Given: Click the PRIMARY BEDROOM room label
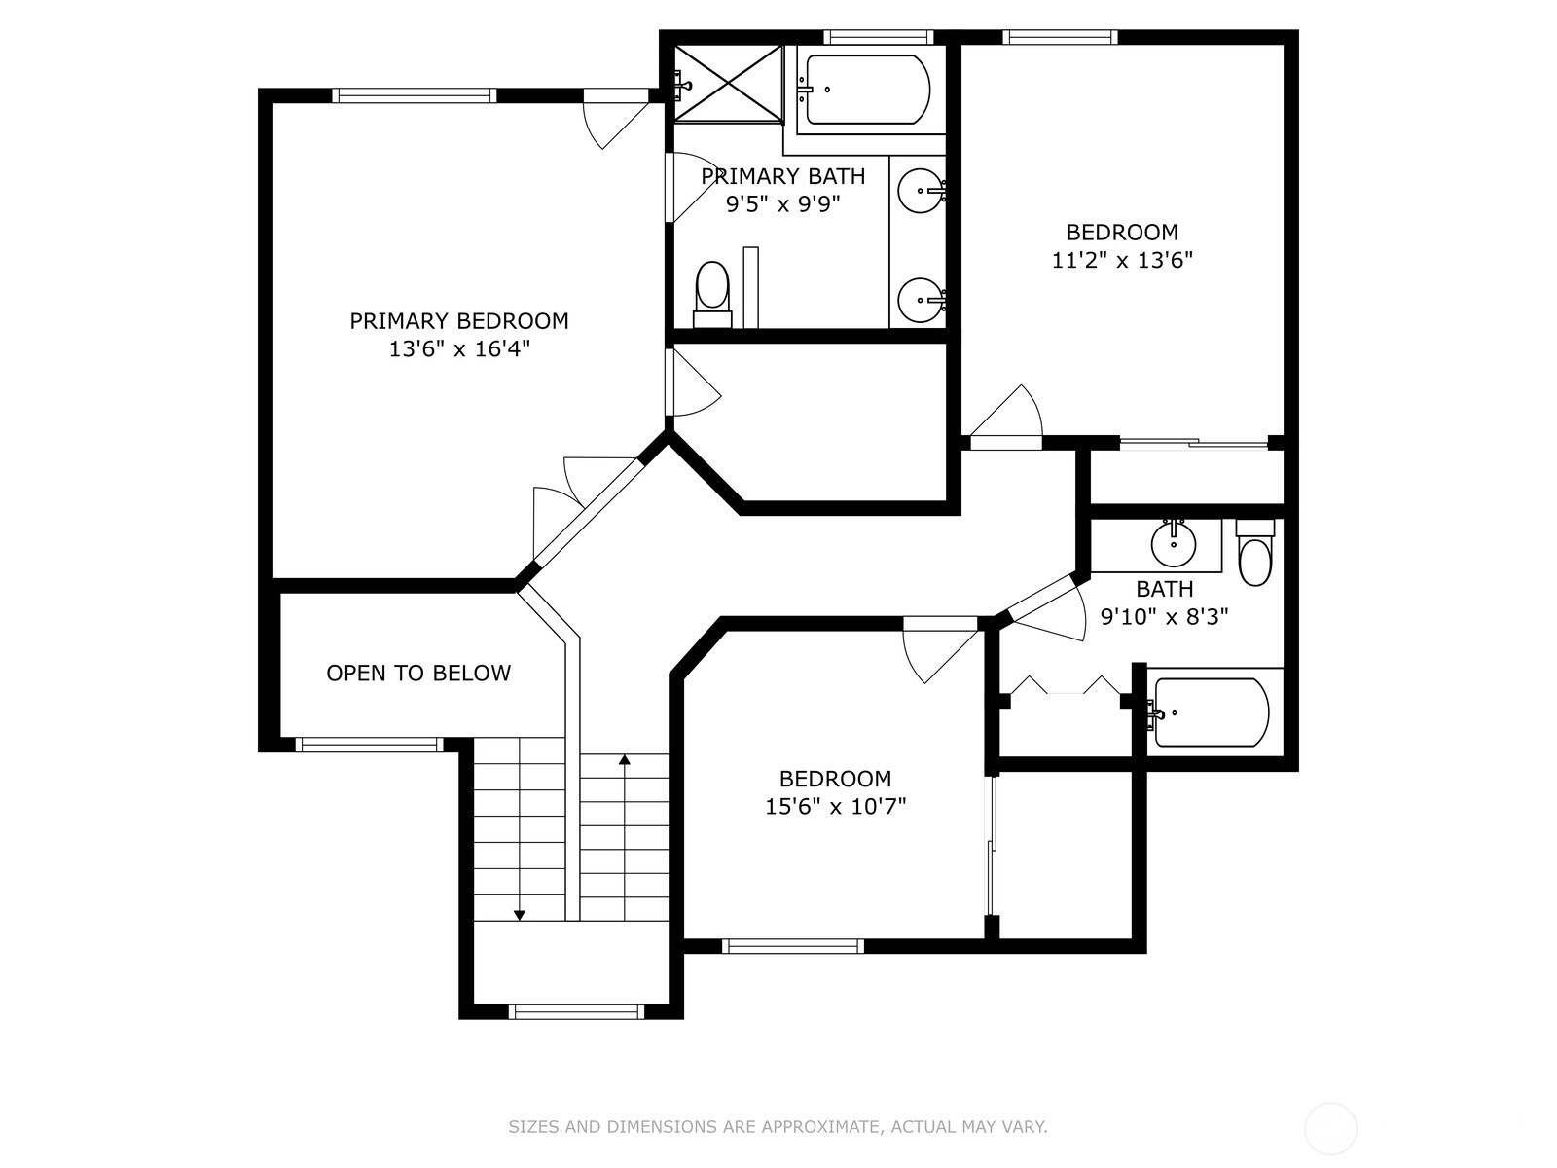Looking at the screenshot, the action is coord(459,321).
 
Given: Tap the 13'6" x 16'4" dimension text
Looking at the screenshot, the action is coord(459,348).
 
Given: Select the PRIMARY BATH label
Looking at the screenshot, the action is coord(783,176).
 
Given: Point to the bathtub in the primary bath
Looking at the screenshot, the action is coord(863,90).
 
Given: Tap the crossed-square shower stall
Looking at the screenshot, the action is coord(729,84).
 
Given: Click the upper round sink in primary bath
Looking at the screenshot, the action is coord(921,191).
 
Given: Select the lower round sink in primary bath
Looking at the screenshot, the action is coord(921,300).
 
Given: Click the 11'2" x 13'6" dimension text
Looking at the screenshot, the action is coord(1122,260).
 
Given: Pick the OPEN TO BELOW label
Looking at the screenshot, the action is coord(418,673).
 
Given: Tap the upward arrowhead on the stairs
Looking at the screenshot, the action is coord(624,759).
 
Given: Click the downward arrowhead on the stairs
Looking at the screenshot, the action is coord(520,916).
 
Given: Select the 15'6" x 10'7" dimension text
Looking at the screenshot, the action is coord(836,806).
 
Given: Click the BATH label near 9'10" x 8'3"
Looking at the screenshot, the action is coord(1165,589).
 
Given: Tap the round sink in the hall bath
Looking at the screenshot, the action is coord(1174,544).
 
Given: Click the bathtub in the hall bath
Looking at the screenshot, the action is coord(1212,712).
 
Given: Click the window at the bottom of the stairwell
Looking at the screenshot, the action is coord(577,1012).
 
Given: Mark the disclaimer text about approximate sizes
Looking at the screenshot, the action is coord(778,1126).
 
